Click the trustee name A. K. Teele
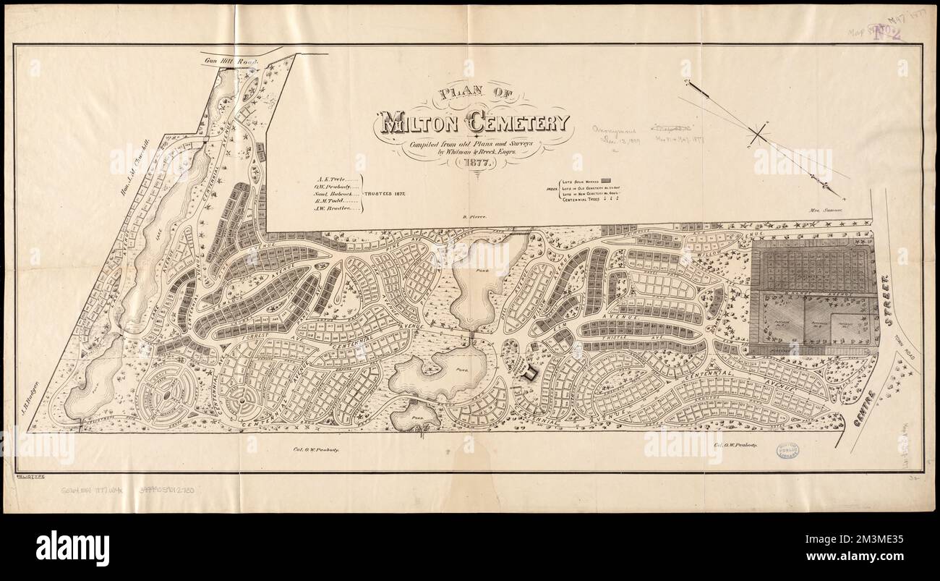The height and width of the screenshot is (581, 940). tap(333, 177)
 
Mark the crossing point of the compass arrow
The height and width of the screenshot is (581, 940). tap(758, 134)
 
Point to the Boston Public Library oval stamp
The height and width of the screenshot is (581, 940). tap(788, 451)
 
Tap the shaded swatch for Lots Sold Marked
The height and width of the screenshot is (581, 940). tap(607, 178)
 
